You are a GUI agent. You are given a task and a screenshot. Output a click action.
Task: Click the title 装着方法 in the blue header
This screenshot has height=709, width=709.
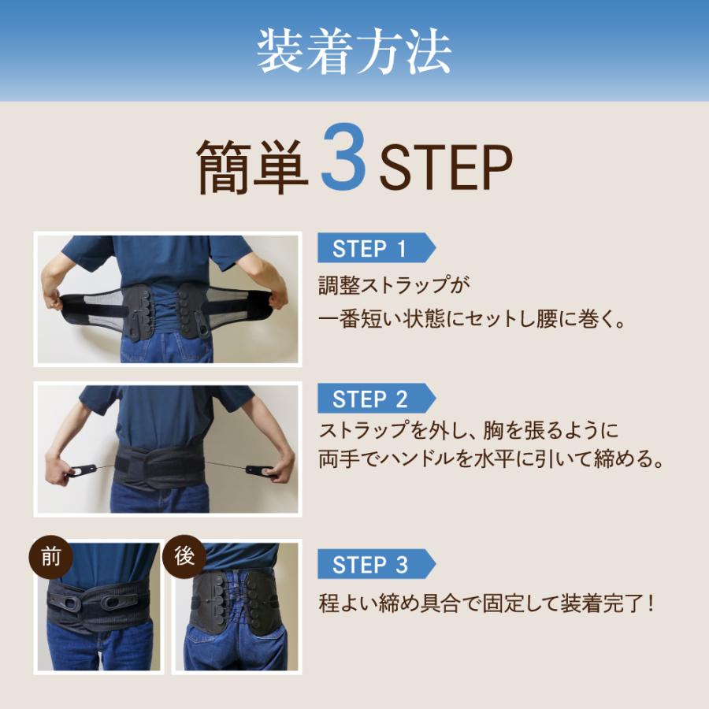pos(354,52)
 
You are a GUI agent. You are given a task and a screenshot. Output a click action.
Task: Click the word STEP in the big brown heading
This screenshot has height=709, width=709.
pos(446,167)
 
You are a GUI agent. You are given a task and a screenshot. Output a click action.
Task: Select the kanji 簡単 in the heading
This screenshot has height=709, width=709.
pos(252,167)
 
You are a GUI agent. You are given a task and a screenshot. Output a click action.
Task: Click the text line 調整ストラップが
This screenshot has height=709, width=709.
pos(394,285)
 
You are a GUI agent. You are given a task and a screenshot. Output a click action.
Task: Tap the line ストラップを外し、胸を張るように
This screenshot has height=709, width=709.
pos(468,430)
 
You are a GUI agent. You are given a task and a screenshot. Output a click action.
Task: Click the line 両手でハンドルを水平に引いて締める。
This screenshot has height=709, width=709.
pos(492,459)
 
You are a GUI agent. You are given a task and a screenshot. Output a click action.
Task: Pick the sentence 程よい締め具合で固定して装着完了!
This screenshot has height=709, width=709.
pos(487,603)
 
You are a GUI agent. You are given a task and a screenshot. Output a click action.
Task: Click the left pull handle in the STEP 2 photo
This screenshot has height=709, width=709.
pos(82,470)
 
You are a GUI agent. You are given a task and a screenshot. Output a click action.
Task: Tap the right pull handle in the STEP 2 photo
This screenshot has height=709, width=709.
pos(259,471)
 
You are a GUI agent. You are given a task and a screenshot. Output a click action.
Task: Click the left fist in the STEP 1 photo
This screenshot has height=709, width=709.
pos(54,298)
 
